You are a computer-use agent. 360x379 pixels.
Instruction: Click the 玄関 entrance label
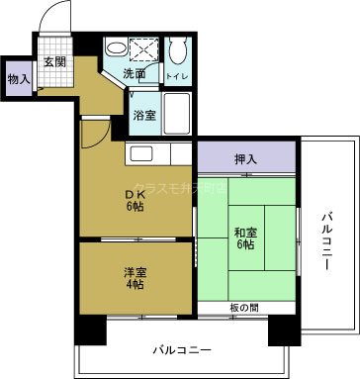[53, 61]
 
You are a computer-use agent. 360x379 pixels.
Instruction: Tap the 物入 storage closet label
[18, 79]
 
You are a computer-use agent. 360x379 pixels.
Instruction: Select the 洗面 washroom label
[135, 74]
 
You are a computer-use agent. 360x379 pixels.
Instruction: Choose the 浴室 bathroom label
[144, 116]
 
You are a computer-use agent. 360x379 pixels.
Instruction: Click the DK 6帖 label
[134, 199]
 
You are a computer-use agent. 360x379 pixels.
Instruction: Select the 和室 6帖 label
[246, 238]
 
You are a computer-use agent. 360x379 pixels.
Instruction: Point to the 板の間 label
[246, 307]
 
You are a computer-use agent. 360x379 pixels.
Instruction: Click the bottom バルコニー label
[183, 349]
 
